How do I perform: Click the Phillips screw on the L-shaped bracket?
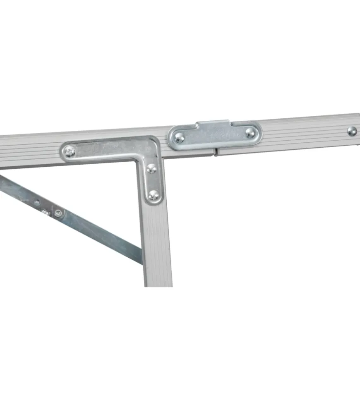[70, 151]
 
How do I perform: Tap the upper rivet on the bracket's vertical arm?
[152, 168]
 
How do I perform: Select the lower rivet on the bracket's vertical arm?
[154, 195]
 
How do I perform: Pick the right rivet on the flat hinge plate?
[250, 133]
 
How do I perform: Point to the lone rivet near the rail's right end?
[352, 131]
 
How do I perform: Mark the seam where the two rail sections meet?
[216, 152]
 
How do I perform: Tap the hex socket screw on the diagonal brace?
[58, 213]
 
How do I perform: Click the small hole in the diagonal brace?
[37, 203]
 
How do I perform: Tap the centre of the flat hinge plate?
[215, 135]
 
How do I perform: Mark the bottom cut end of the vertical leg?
[158, 285]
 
